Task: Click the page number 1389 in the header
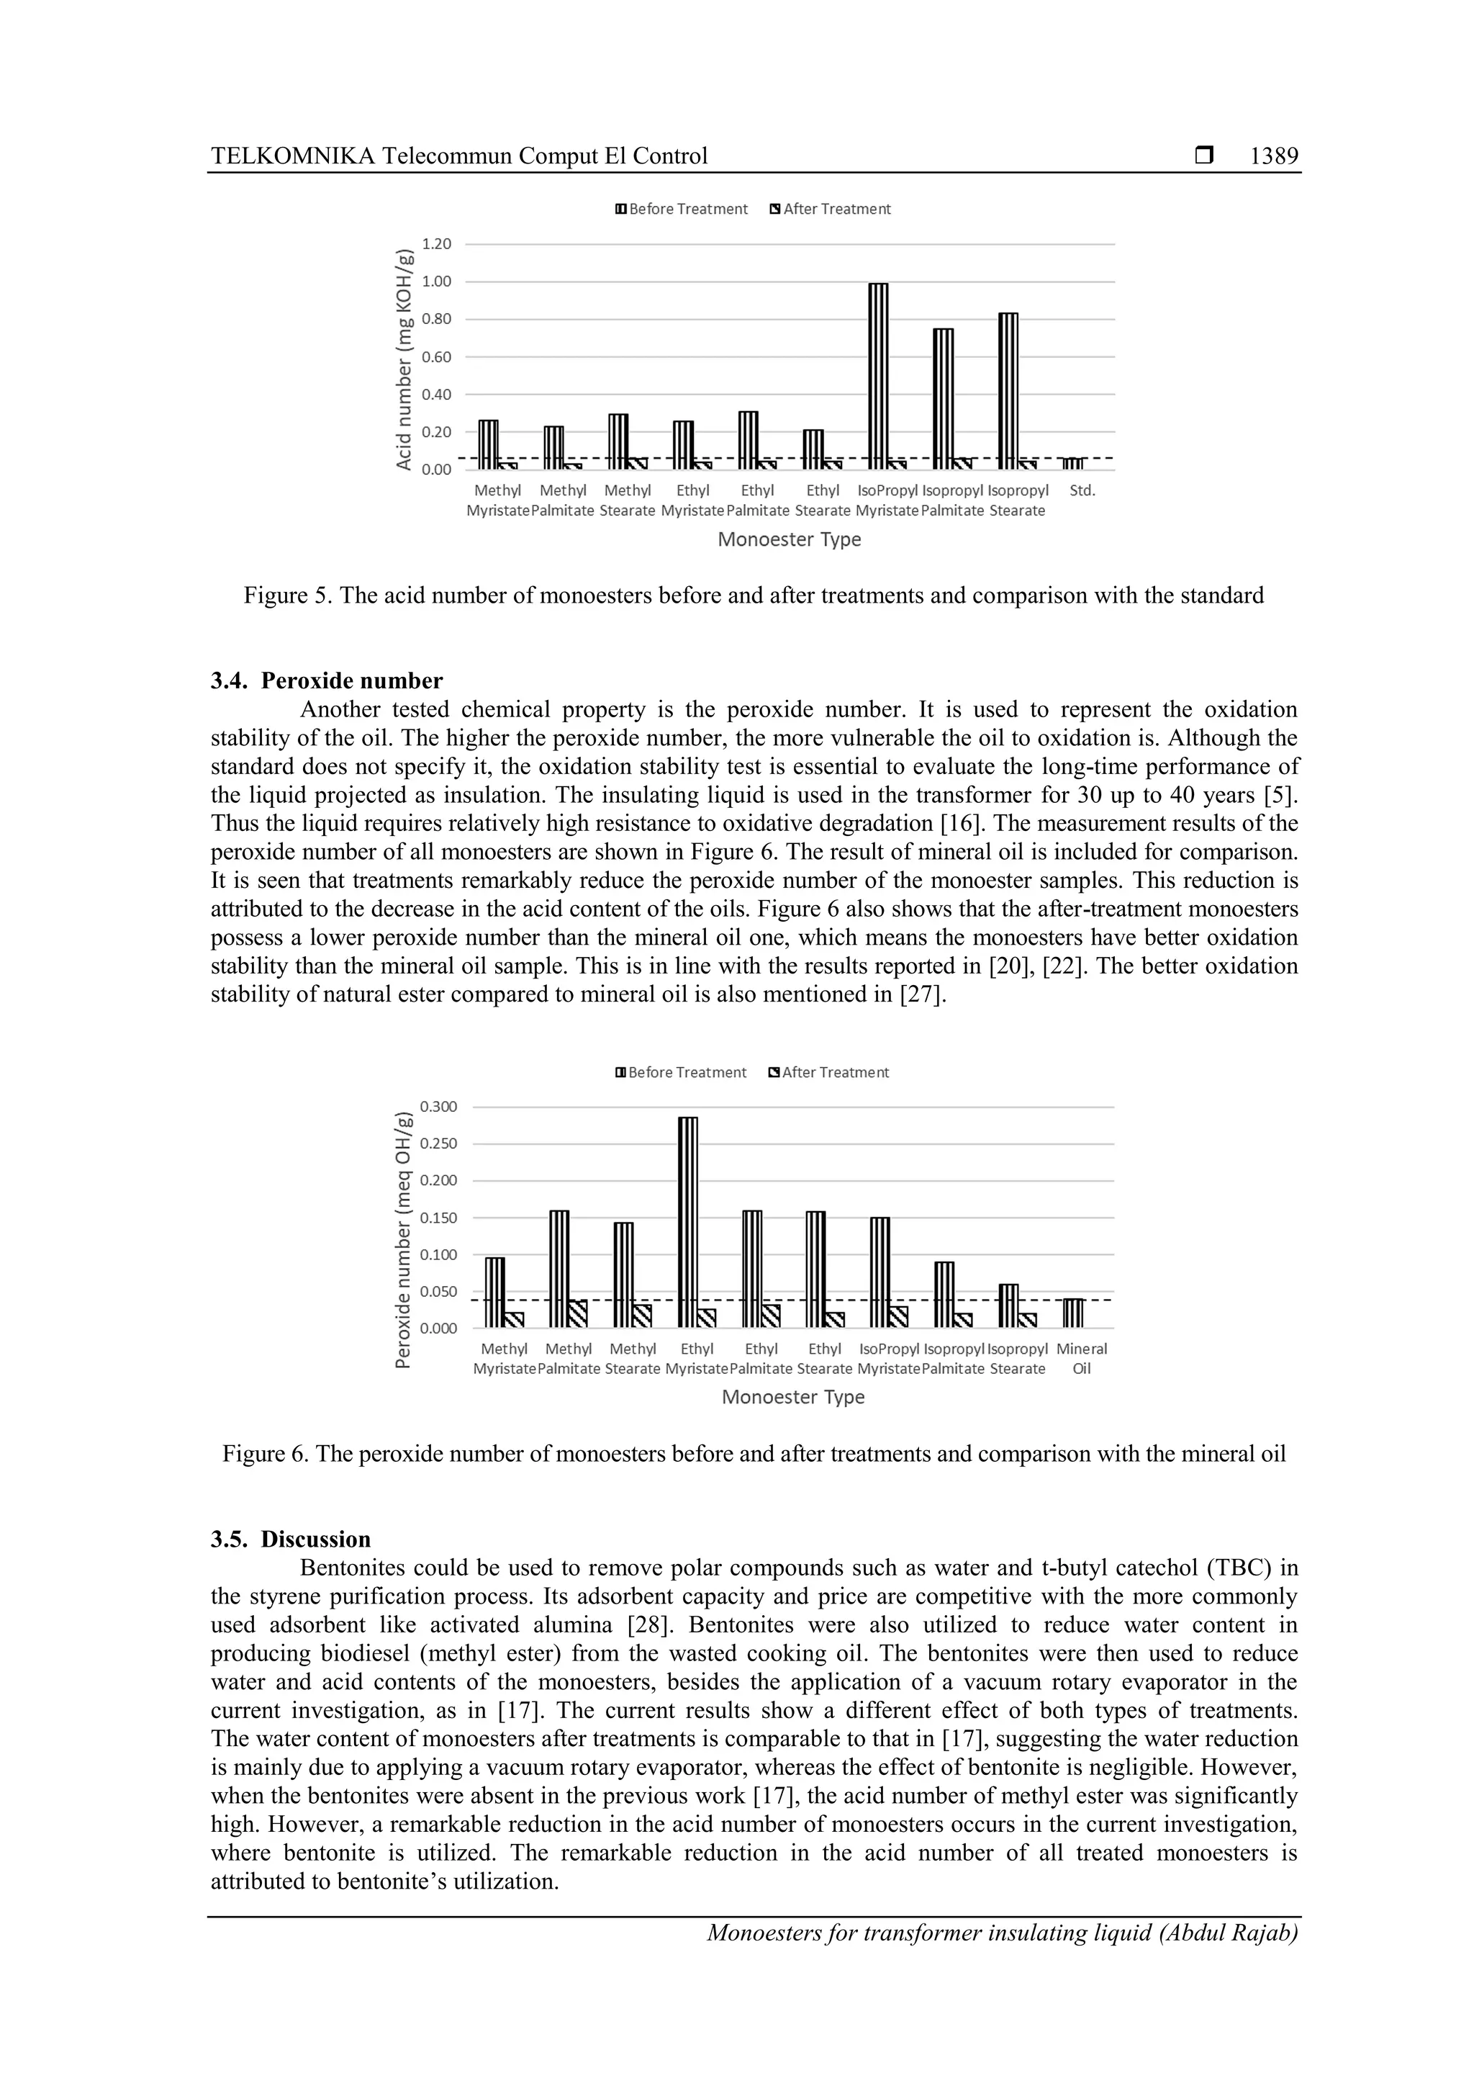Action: coord(1273,156)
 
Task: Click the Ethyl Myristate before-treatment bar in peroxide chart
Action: coord(688,1221)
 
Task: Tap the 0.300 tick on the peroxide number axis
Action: coord(438,1107)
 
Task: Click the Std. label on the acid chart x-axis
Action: coord(1082,490)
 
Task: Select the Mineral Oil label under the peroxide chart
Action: coord(1082,1358)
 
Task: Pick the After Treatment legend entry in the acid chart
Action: coord(829,209)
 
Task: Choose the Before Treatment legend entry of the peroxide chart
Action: coord(680,1072)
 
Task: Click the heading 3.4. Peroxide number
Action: coord(327,680)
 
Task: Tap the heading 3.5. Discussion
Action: coord(291,1539)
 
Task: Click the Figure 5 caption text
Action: coord(753,596)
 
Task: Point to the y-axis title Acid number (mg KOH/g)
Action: coord(404,358)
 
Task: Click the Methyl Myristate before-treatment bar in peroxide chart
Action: coord(495,1292)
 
